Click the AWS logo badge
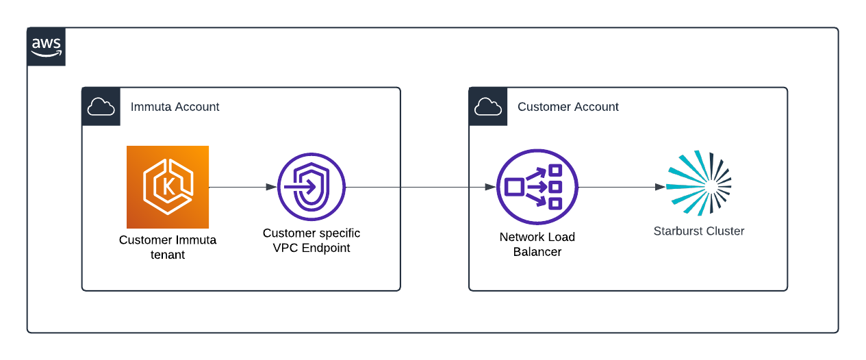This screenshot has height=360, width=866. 46,47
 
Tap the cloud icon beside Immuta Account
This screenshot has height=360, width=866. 101,107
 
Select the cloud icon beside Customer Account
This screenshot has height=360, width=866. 487,107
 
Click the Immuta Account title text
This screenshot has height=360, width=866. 175,107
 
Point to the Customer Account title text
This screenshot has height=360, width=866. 568,107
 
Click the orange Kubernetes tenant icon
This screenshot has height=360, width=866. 168,187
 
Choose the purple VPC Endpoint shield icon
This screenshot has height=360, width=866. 311,187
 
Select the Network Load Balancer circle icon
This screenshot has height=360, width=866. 537,187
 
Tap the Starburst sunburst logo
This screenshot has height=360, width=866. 699,183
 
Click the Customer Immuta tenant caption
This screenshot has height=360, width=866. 168,247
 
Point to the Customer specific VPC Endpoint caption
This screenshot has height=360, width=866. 311,241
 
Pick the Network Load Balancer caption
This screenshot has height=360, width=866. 537,244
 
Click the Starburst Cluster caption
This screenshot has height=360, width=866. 699,231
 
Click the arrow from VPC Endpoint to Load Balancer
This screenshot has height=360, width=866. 421,187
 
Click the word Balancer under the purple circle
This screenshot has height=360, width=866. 537,252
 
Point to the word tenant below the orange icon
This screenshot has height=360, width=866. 168,255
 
